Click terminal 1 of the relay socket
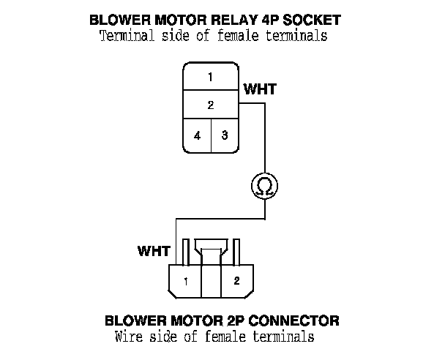pyautogui.click(x=210, y=77)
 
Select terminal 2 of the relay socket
pyautogui.click(x=210, y=105)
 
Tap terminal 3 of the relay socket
pyautogui.click(x=225, y=135)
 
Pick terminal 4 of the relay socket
pyautogui.click(x=197, y=135)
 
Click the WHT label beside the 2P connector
pyautogui.click(x=154, y=251)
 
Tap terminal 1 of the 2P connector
pyautogui.click(x=187, y=280)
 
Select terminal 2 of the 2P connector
pyautogui.click(x=236, y=280)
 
